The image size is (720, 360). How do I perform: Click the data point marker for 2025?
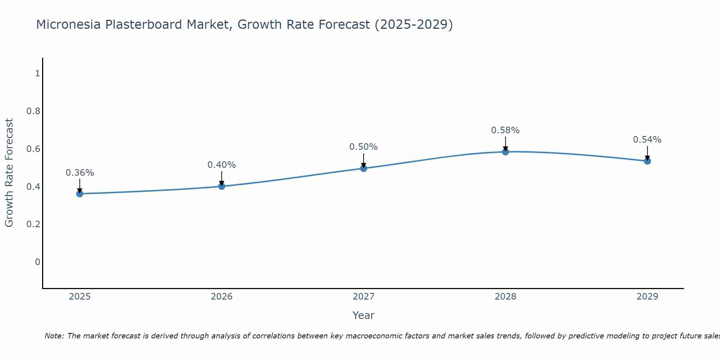click(x=80, y=194)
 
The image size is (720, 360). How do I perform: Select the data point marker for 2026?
click(x=222, y=186)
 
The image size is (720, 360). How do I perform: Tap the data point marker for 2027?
click(x=364, y=168)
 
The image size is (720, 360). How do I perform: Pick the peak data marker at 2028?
click(x=505, y=152)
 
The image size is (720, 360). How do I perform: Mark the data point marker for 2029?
click(x=647, y=161)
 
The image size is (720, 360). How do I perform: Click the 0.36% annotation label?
click(x=80, y=173)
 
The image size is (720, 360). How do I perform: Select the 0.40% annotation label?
click(x=222, y=165)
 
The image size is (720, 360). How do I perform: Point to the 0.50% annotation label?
click(x=364, y=147)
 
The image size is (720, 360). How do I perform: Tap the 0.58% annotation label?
click(x=505, y=130)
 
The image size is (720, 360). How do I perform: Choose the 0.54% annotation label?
click(x=647, y=140)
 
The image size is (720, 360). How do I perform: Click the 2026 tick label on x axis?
click(x=222, y=297)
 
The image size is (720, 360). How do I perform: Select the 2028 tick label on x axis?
click(x=505, y=297)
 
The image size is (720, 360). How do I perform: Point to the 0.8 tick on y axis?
click(x=33, y=111)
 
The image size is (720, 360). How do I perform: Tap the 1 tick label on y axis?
click(x=37, y=73)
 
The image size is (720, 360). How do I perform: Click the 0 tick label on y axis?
click(x=37, y=262)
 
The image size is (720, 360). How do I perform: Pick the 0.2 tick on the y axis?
click(x=33, y=224)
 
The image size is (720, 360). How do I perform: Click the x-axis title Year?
click(x=364, y=315)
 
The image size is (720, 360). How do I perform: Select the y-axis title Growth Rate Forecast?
click(x=9, y=173)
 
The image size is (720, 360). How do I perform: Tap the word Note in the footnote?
click(x=54, y=336)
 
